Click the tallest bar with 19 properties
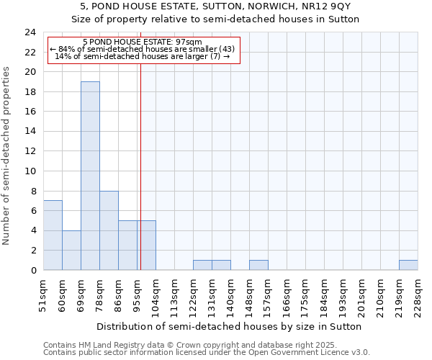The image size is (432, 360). tap(90, 176)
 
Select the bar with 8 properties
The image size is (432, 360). tap(109, 230)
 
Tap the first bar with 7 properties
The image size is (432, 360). tap(53, 235)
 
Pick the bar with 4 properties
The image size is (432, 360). tap(71, 250)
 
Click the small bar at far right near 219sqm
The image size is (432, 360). tap(408, 265)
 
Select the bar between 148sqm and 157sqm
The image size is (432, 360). tap(258, 265)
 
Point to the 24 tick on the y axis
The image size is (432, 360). tap(30, 32)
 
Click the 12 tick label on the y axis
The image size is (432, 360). tap(30, 151)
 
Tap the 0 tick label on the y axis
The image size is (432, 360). tap(32, 270)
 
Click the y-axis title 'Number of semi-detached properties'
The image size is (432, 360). tap(7, 156)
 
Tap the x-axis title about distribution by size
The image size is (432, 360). tap(230, 326)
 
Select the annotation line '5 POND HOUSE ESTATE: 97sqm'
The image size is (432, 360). tap(142, 42)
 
